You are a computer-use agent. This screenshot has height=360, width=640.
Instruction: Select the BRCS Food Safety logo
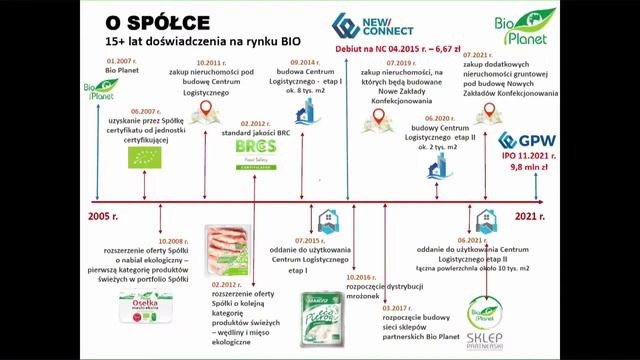pyautogui.click(x=251, y=153)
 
